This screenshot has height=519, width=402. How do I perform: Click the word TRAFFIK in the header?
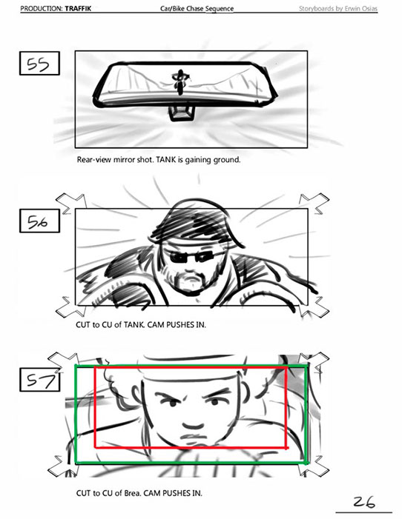(x=78, y=8)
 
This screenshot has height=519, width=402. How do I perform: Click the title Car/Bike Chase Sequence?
(x=197, y=9)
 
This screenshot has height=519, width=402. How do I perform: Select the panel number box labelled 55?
(x=39, y=63)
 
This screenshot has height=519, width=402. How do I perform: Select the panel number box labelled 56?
(x=39, y=221)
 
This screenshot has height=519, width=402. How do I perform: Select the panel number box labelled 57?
(x=39, y=379)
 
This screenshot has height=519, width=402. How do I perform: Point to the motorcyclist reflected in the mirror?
(x=180, y=81)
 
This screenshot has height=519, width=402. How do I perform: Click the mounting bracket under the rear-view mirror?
(x=181, y=113)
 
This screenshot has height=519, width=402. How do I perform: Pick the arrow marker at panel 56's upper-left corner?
(x=70, y=203)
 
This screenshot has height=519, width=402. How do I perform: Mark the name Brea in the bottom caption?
(x=133, y=493)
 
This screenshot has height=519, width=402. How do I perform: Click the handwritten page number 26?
(x=364, y=502)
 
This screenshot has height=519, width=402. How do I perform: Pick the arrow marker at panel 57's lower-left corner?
(x=62, y=466)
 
